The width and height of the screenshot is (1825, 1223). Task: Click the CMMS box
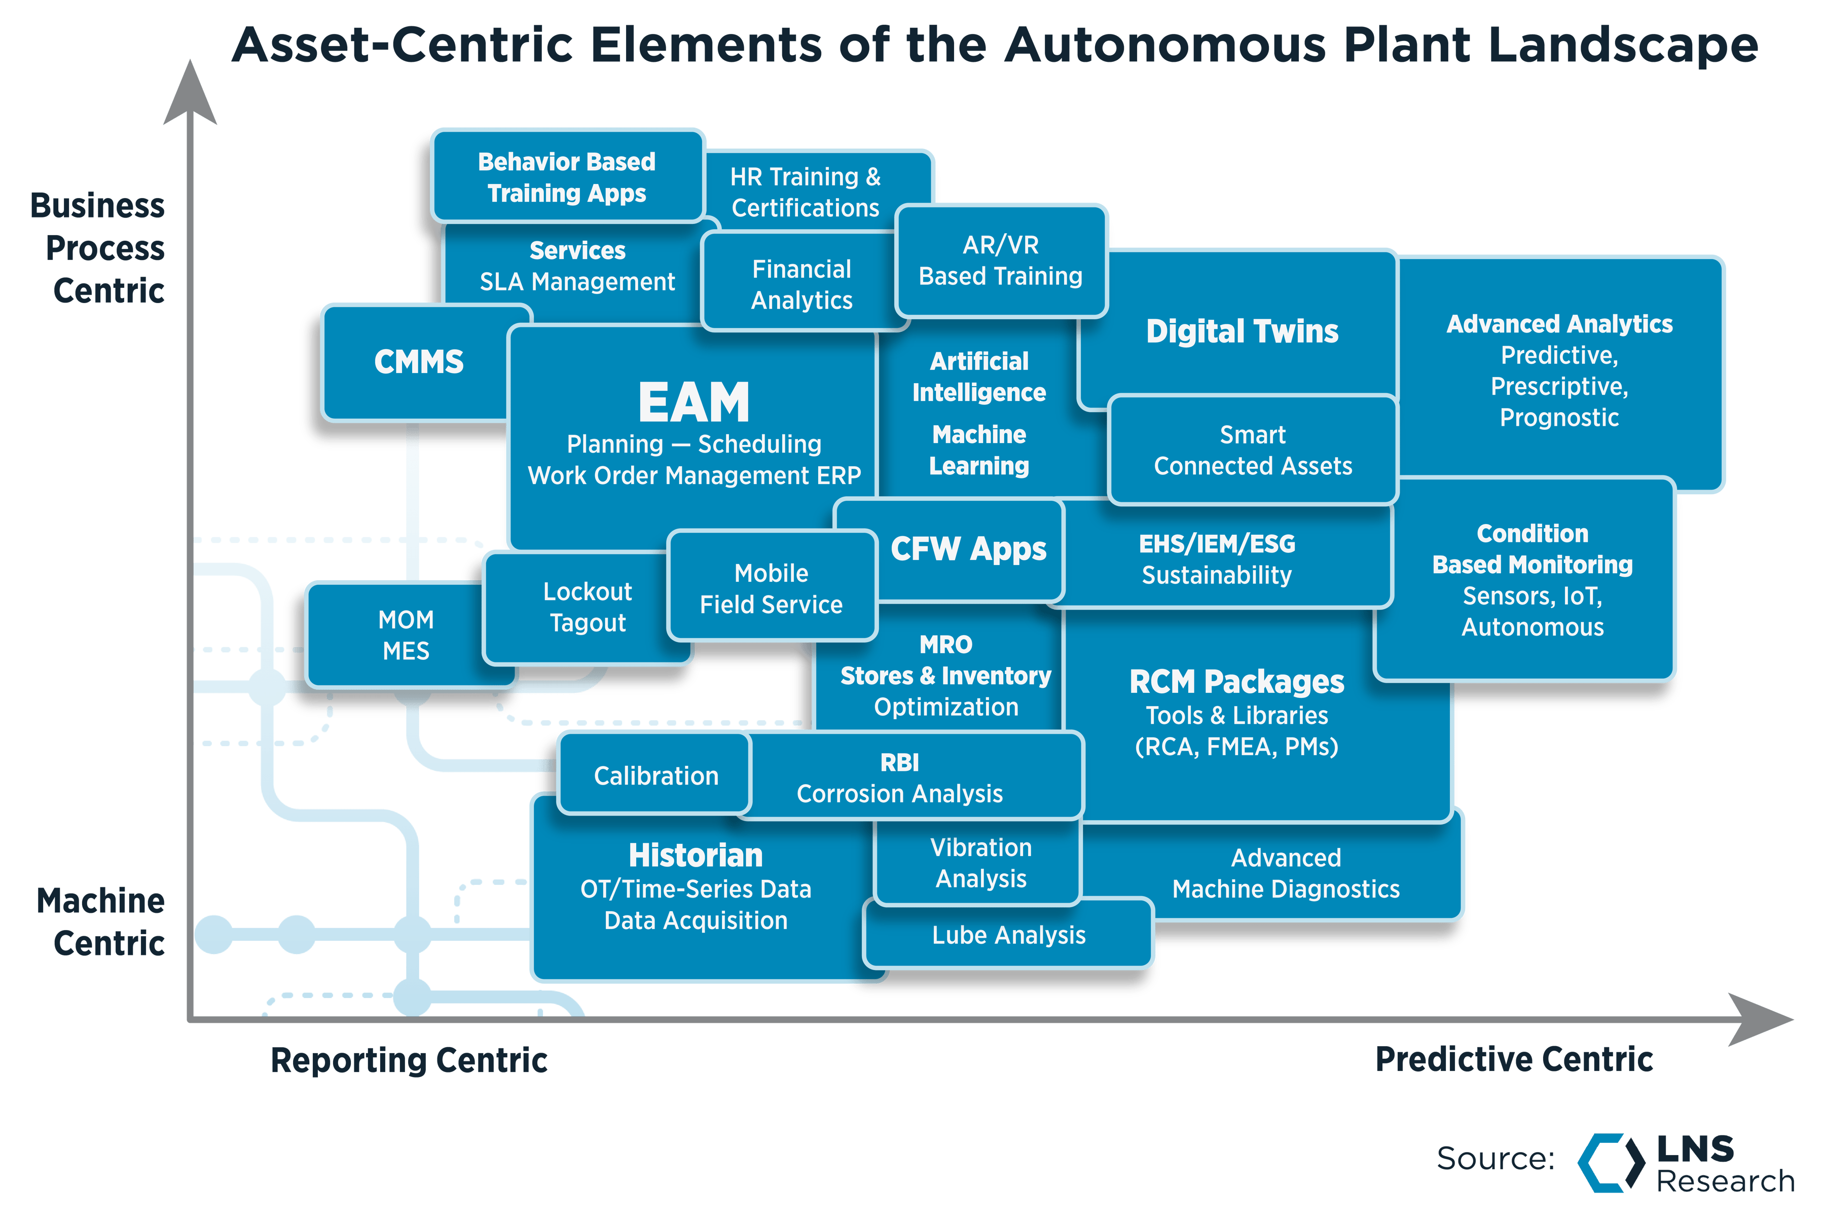pyautogui.click(x=419, y=362)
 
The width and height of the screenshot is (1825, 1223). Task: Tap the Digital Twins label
pyautogui.click(x=1242, y=331)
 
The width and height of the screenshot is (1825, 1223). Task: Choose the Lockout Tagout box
pyautogui.click(x=587, y=607)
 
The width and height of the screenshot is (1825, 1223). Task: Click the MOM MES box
pyautogui.click(x=406, y=635)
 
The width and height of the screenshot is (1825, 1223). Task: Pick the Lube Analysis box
pyautogui.click(x=1008, y=935)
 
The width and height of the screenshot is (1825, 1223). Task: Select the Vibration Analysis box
pyautogui.click(x=980, y=863)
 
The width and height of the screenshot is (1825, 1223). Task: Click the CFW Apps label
pyautogui.click(x=968, y=549)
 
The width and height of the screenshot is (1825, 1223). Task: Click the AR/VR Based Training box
pyautogui.click(x=1001, y=261)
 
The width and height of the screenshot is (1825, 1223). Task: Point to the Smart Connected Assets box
pyautogui.click(x=1253, y=450)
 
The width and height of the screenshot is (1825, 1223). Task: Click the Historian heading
pyautogui.click(x=696, y=856)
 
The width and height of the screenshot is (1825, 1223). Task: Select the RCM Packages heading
pyautogui.click(x=1236, y=682)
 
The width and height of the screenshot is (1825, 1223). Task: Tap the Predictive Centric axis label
pyautogui.click(x=1513, y=1059)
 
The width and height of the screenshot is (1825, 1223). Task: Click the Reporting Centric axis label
pyautogui.click(x=409, y=1060)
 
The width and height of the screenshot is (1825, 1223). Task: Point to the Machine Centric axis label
pyautogui.click(x=101, y=922)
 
